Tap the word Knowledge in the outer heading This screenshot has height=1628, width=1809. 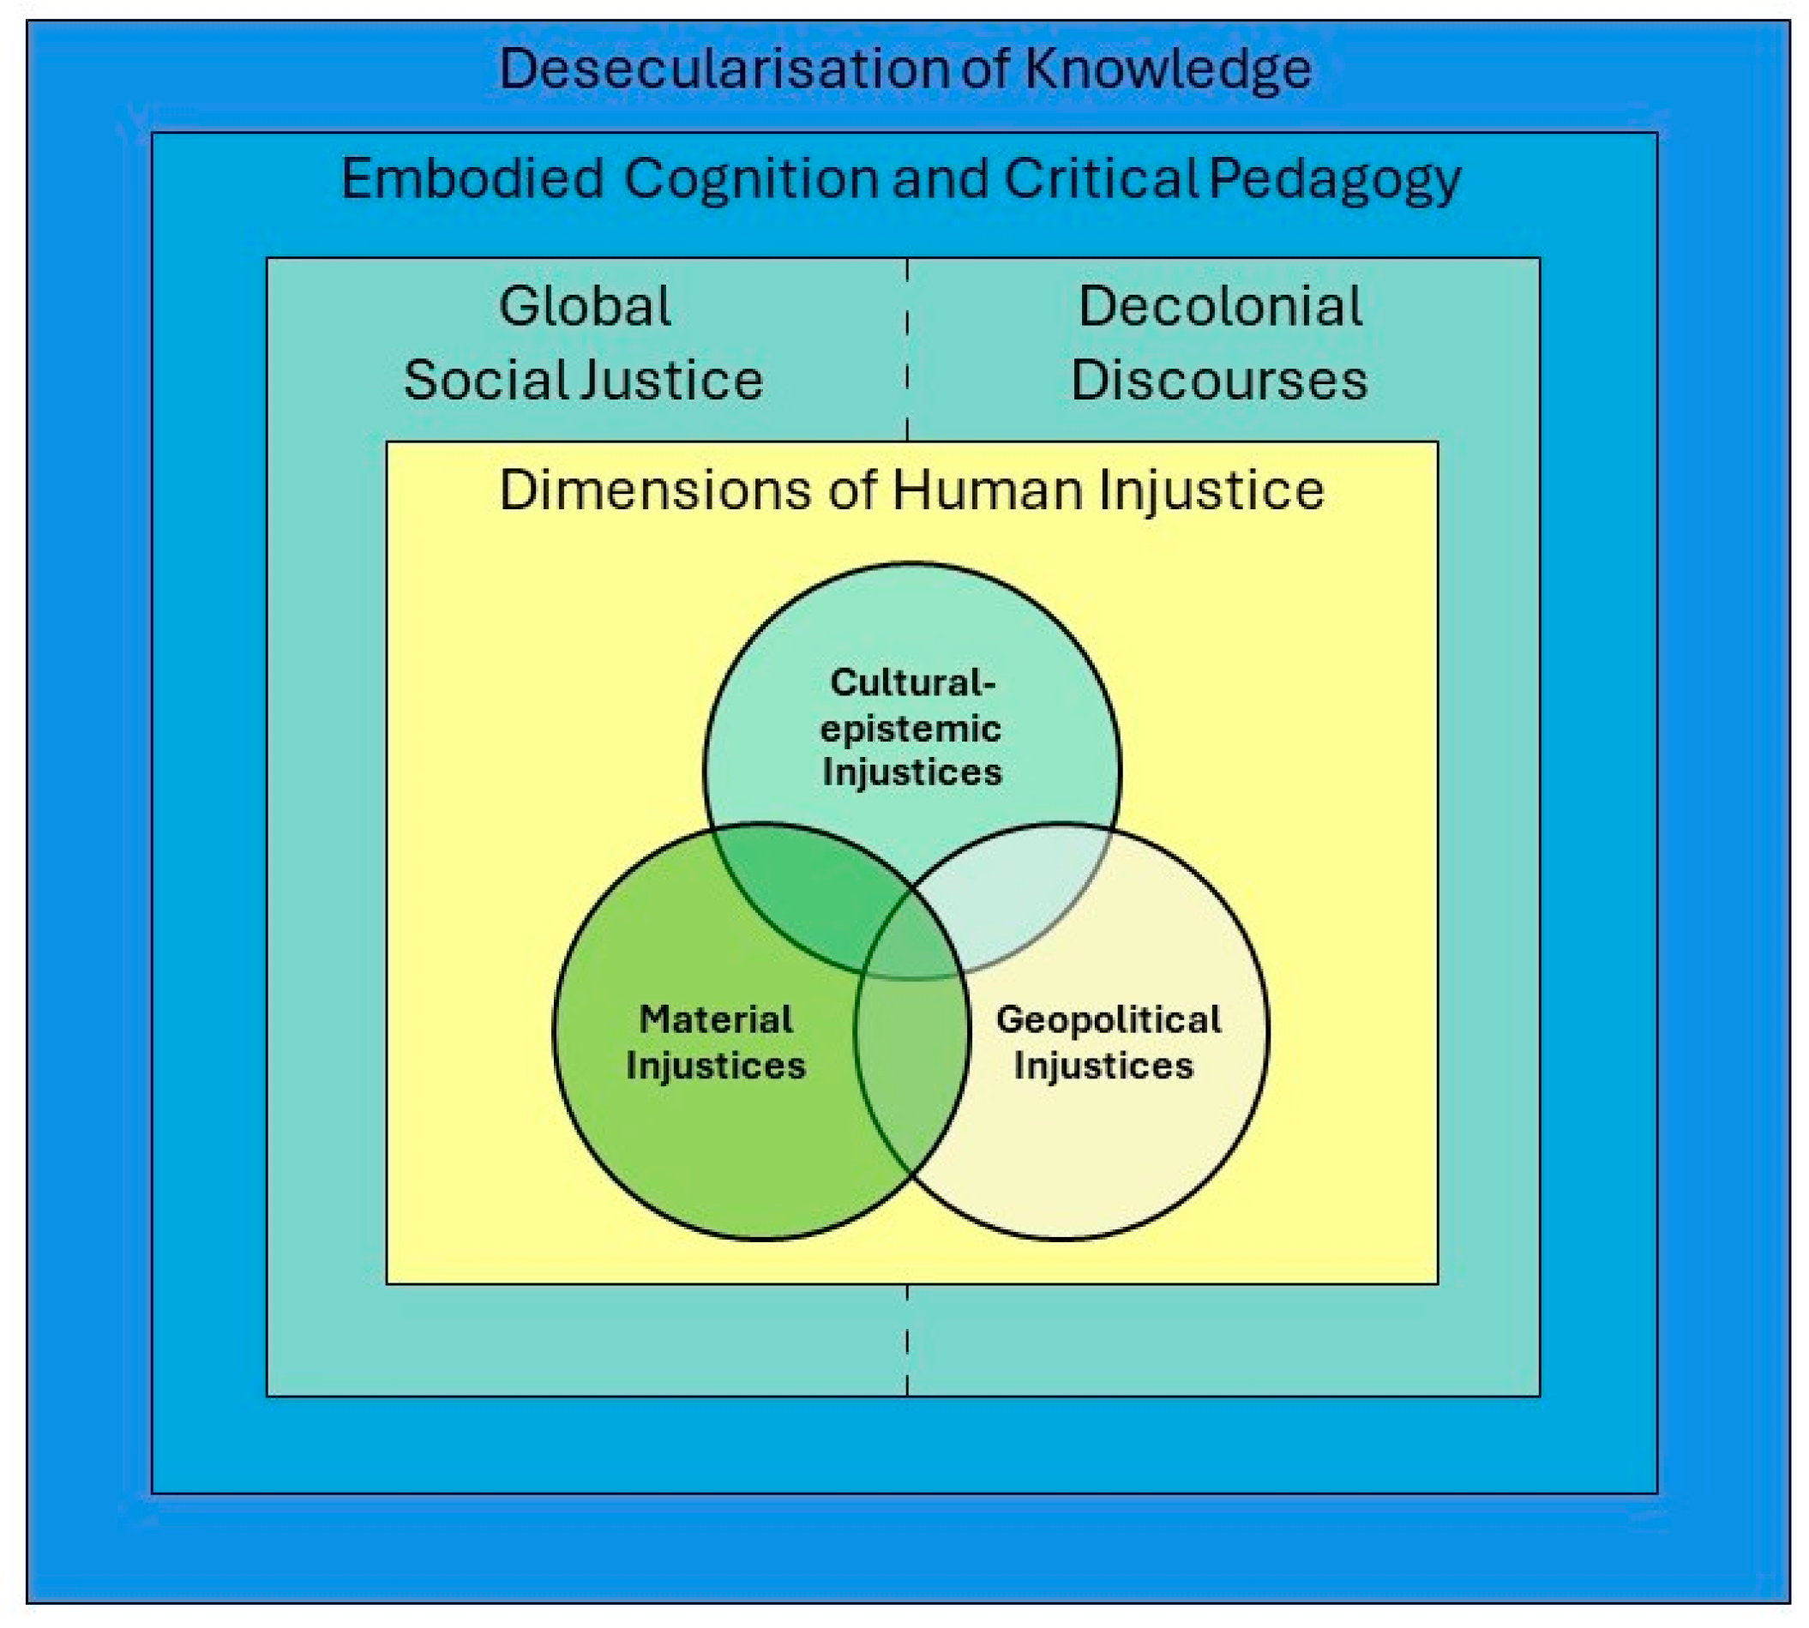[1167, 69]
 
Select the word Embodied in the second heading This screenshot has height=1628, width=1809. [472, 179]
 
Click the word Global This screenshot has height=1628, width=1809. [584, 306]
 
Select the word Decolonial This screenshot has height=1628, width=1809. [1219, 306]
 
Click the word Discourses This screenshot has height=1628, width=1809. [1218, 379]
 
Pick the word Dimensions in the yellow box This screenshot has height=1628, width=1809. [656, 490]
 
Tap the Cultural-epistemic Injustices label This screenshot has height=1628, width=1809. [911, 727]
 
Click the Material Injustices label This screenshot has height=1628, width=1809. [716, 1042]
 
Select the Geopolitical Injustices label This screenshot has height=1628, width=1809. [1108, 1042]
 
